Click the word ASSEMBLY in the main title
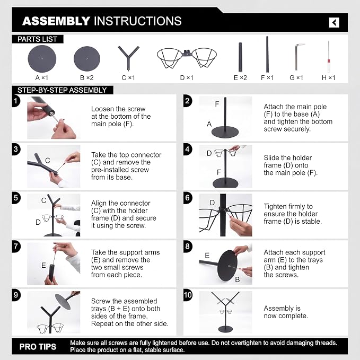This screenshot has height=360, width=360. click(56, 21)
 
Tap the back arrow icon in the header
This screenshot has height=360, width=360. click(334, 22)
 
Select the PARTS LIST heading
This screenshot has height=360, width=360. click(37, 39)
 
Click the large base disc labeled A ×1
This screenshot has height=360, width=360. click(42, 59)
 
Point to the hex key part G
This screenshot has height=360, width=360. click(297, 57)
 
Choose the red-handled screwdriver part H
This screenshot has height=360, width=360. click(329, 57)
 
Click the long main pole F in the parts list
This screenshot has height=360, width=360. click(267, 55)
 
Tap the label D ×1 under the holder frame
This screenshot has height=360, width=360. click(187, 78)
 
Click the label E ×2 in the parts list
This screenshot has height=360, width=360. click(240, 78)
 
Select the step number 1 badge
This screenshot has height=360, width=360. click(15, 101)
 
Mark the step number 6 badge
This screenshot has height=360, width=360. click(188, 198)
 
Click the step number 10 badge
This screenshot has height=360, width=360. click(188, 295)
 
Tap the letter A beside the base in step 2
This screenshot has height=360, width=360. click(209, 124)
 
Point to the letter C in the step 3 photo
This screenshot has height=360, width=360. click(48, 161)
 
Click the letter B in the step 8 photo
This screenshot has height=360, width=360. click(238, 279)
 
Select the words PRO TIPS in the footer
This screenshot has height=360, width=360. click(38, 346)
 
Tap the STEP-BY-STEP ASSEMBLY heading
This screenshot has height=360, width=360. click(62, 90)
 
